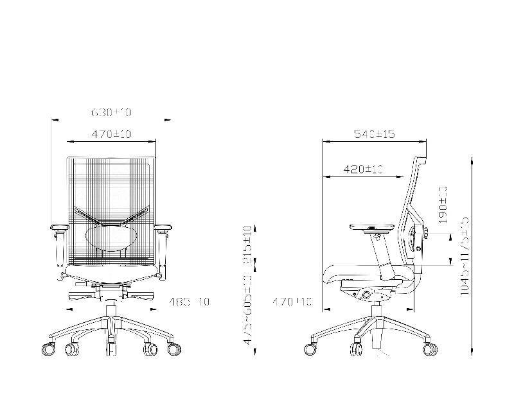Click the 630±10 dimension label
111,113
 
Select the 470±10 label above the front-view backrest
111,134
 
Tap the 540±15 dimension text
374,134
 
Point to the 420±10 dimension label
363,169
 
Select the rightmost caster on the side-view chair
429,349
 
